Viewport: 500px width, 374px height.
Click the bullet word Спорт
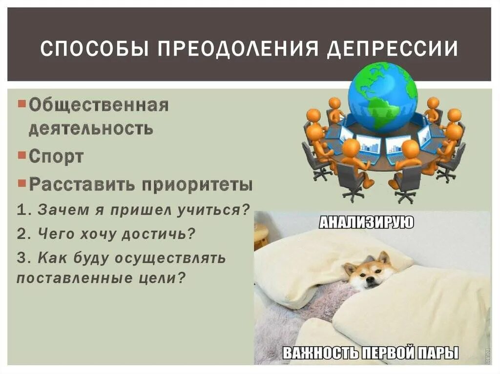pyautogui.click(x=56, y=157)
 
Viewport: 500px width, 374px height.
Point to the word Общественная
pyautogui.click(x=98, y=105)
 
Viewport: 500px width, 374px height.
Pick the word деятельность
pyautogui.click(x=90, y=129)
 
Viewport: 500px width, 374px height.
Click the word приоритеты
pyautogui.click(x=197, y=185)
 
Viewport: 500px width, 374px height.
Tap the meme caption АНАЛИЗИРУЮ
pyautogui.click(x=366, y=223)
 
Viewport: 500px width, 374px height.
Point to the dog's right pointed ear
pyautogui.click(x=384, y=257)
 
